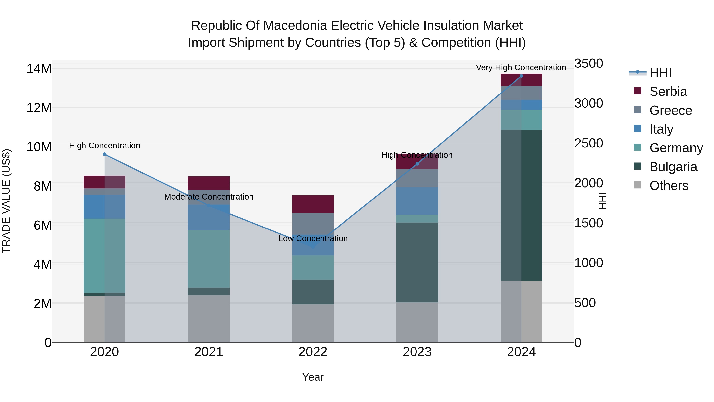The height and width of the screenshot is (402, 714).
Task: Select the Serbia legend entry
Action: coord(668,92)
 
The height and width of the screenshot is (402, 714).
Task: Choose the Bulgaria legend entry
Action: coord(673,167)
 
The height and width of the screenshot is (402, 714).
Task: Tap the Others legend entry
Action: coord(669,186)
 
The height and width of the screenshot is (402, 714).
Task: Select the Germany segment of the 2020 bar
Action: coord(105,255)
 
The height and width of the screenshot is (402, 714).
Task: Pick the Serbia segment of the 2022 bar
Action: coord(313,204)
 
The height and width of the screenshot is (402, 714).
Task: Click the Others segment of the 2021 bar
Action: coord(209,319)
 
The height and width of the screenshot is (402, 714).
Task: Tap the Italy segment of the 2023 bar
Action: coord(417,201)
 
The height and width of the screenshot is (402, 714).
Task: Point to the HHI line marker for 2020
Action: coord(105,154)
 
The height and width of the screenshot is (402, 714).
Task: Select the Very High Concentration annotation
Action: coord(521,68)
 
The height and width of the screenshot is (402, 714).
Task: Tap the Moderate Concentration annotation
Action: coord(209,197)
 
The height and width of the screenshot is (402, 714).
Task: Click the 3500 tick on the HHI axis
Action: coord(588,64)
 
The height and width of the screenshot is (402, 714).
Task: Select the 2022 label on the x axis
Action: coord(313,352)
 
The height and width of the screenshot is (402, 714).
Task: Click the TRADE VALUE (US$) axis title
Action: coord(6,201)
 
